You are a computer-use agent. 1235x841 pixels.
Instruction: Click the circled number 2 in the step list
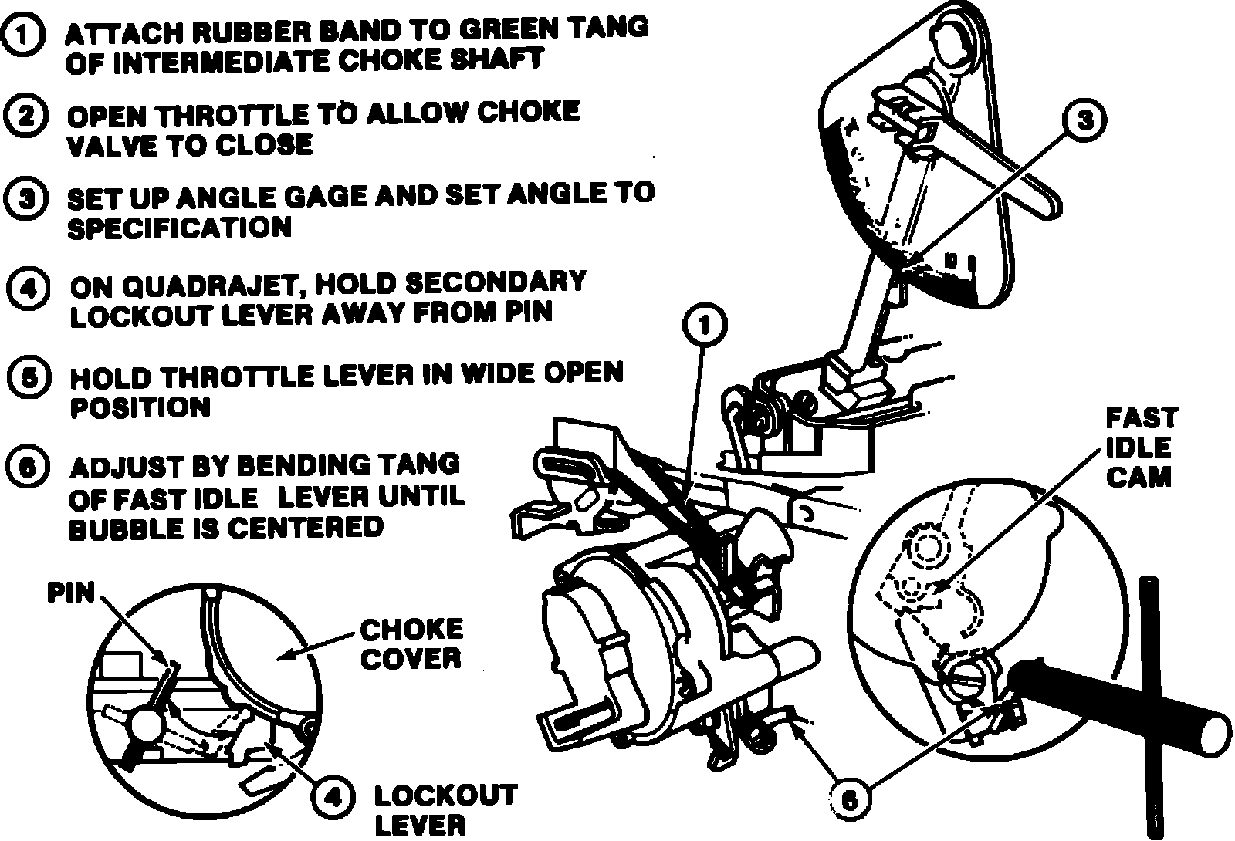click(x=25, y=117)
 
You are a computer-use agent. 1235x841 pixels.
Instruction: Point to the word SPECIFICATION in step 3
click(x=180, y=229)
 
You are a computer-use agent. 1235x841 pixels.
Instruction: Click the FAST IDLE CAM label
click(x=1140, y=448)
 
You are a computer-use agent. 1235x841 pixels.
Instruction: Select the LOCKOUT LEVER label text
click(x=444, y=809)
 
